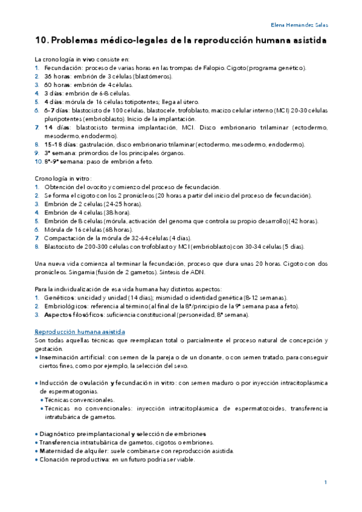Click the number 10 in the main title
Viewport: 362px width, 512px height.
42,40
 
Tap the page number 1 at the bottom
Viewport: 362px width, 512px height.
325,482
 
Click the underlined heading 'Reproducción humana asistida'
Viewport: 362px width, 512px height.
80,333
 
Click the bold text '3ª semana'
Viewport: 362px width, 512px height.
59,153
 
